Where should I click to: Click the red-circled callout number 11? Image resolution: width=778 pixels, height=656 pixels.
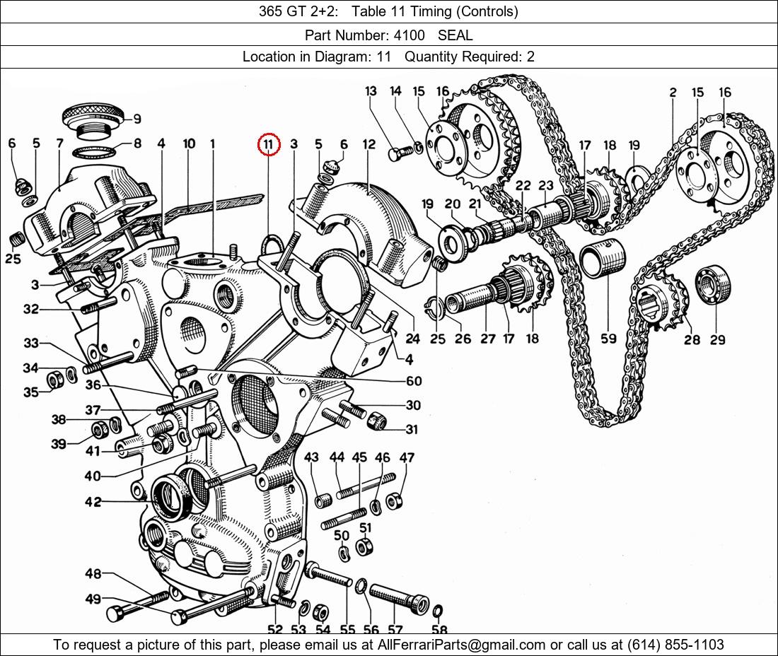pos(269,144)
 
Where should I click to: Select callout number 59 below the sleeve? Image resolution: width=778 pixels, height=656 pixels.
pos(608,339)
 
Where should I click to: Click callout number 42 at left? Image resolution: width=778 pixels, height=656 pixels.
pos(93,502)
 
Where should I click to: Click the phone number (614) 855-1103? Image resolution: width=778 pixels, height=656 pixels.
pos(675,645)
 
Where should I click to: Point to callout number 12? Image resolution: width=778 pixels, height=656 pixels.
pos(369,144)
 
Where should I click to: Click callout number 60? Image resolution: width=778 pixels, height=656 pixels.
pos(414,381)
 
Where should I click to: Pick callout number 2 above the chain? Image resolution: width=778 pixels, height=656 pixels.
pos(673,93)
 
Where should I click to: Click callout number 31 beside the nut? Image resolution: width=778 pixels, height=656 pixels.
pos(412,429)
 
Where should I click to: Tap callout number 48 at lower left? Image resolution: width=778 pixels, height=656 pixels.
pos(93,573)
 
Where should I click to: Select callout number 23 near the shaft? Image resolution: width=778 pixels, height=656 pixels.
pos(545,185)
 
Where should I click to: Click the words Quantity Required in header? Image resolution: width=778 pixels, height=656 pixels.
pos(463,57)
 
